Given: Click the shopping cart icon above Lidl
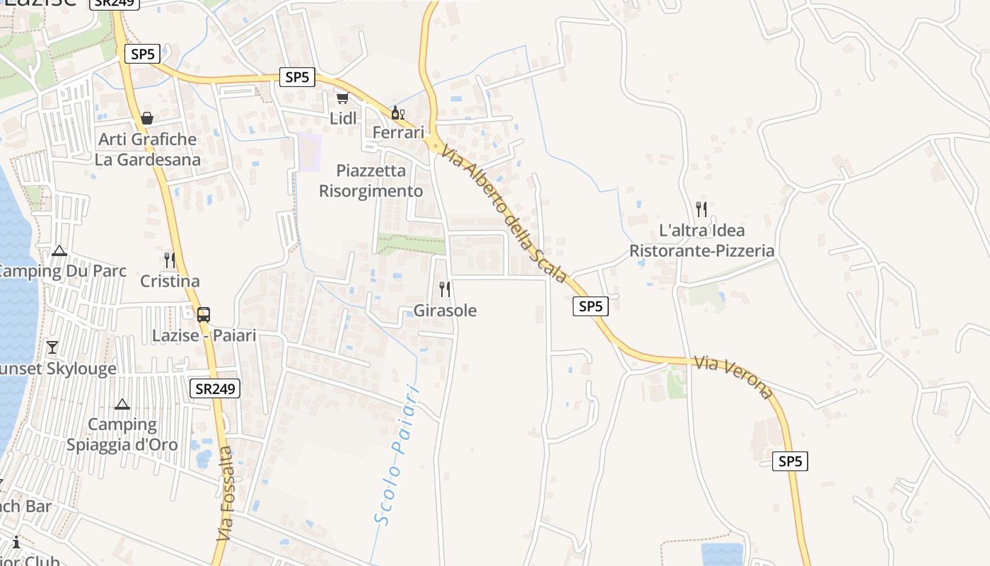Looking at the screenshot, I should pyautogui.click(x=342, y=98).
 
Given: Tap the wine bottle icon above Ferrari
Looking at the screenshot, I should pyautogui.click(x=397, y=112).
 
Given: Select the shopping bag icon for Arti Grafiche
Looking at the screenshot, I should pyautogui.click(x=147, y=117).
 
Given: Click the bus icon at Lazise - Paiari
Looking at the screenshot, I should pyautogui.click(x=204, y=315).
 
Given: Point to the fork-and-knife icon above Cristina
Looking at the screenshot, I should pyautogui.click(x=170, y=260).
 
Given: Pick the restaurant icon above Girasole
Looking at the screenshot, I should pyautogui.click(x=445, y=289).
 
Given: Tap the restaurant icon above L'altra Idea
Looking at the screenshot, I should pyautogui.click(x=701, y=209).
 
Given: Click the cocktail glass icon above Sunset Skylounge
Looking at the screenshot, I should pyautogui.click(x=52, y=347).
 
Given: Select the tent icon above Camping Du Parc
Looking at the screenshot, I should pyautogui.click(x=59, y=250).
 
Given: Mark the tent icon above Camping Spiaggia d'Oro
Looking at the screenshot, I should pyautogui.click(x=122, y=404).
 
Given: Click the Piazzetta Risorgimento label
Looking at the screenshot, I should pyautogui.click(x=371, y=181).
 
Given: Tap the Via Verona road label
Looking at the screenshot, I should pyautogui.click(x=733, y=377).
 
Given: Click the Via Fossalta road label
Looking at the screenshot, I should pyautogui.click(x=223, y=495).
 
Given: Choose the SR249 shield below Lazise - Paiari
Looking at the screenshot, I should pyautogui.click(x=215, y=388).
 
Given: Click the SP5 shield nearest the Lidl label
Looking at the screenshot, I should pyautogui.click(x=297, y=77).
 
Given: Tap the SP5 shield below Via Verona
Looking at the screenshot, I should pyautogui.click(x=790, y=461).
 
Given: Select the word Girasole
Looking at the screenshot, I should pyautogui.click(x=445, y=311).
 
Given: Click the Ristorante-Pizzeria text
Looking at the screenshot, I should pyautogui.click(x=701, y=251).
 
